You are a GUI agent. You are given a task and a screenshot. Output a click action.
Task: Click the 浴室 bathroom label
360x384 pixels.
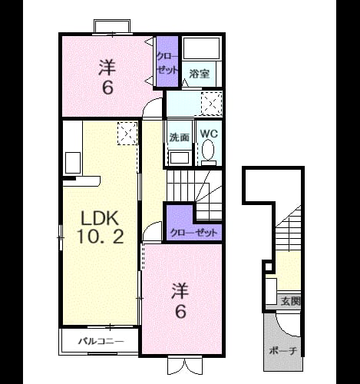200,74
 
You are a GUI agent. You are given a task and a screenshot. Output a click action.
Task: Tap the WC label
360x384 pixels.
209,134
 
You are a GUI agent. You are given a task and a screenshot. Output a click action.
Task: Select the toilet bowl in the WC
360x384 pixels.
208,150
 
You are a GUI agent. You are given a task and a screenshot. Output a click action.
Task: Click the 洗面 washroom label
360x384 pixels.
180,137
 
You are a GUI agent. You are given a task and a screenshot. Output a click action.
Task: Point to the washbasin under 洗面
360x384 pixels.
180,157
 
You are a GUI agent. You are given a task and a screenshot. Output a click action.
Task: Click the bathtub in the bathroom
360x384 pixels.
201,48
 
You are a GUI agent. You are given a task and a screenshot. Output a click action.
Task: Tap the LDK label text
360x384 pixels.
100,218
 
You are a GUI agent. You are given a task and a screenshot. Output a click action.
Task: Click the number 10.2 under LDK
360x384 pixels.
101,237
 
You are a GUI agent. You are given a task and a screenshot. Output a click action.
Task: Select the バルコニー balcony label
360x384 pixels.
101,341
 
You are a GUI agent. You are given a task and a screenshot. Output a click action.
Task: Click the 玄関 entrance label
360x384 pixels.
290,301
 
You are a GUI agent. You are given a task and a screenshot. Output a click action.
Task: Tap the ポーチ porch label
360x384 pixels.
283,350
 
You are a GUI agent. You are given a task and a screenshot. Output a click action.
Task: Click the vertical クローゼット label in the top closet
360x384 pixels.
167,63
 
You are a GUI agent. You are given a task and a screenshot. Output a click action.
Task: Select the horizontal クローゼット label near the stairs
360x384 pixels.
193,233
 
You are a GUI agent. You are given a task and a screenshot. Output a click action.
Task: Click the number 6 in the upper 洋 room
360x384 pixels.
107,88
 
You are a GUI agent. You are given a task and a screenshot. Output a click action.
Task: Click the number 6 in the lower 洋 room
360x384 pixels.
180,312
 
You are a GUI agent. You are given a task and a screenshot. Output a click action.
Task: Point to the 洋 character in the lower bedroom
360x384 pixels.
180,291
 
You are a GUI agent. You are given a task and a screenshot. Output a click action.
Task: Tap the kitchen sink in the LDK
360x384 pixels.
73,163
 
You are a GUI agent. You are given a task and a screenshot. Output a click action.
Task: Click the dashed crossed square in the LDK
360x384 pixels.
127,134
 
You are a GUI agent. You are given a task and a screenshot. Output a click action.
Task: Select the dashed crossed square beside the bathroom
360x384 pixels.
212,104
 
